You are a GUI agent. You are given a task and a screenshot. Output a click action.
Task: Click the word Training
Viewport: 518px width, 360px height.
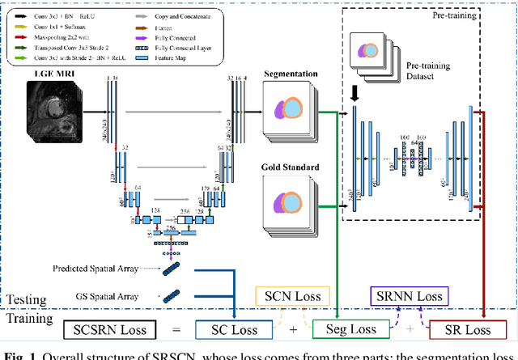[x=31, y=320]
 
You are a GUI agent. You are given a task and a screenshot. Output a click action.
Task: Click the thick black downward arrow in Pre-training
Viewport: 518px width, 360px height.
[x=354, y=94]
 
